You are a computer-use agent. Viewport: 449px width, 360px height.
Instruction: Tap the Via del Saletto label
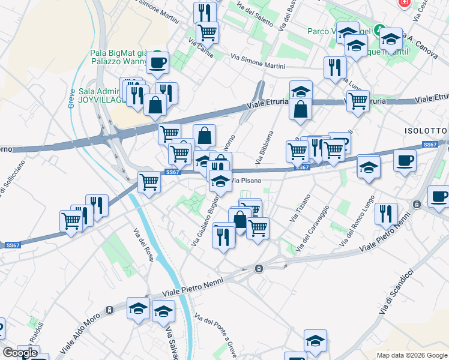coord(255,15)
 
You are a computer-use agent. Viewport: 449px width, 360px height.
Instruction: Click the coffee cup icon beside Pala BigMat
coord(157,62)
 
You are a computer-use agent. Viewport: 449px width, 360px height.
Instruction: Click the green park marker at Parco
coord(379,29)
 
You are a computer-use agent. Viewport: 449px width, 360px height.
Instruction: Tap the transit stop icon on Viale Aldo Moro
coord(109,310)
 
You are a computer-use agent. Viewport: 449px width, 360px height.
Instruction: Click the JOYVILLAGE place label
coord(101,100)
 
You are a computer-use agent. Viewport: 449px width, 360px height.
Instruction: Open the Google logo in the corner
coord(20,353)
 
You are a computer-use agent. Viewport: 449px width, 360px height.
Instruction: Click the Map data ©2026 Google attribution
coord(412,355)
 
